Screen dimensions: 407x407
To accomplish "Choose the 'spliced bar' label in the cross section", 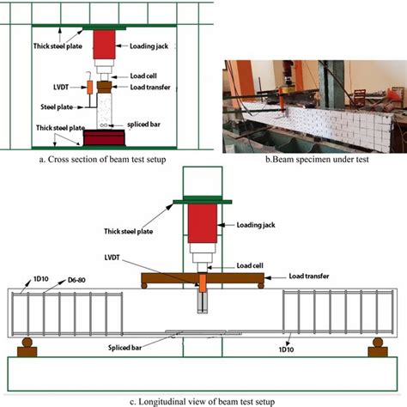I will point(146,124).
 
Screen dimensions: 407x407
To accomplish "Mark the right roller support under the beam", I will point(377,348).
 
